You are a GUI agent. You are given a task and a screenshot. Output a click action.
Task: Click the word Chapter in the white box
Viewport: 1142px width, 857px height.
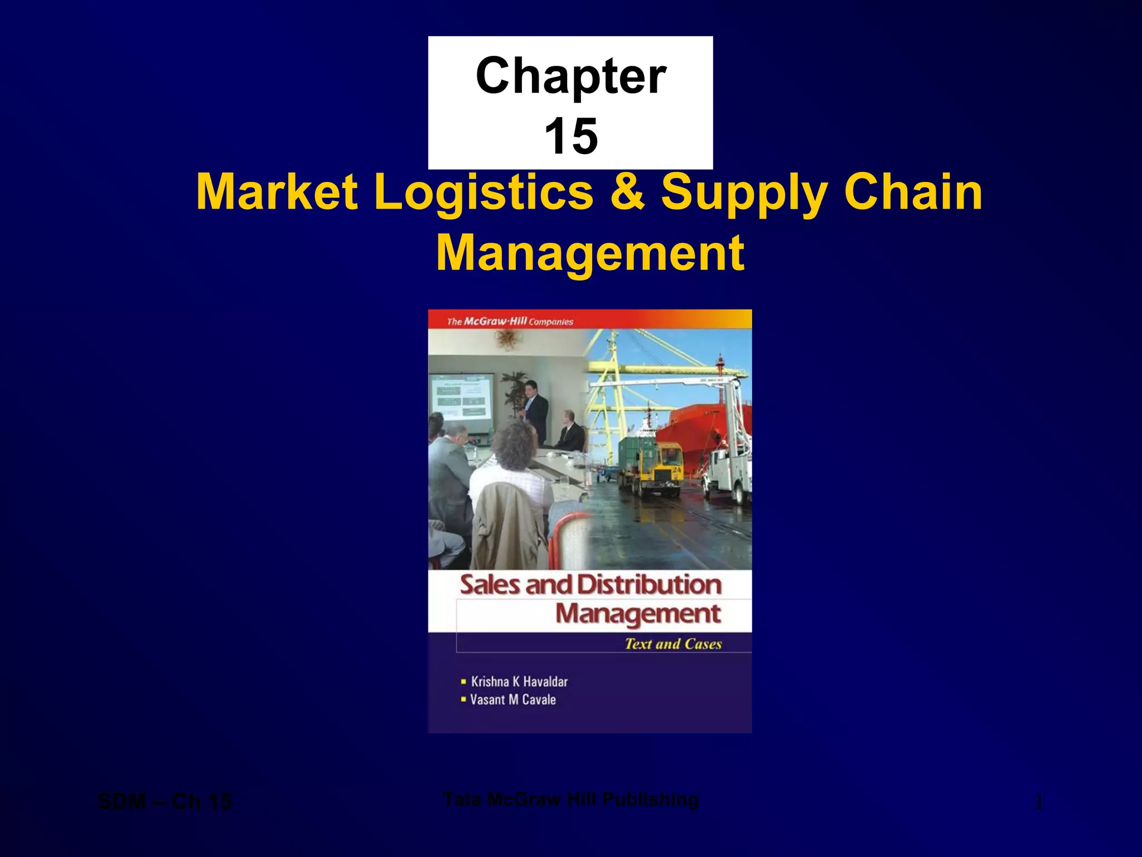[x=570, y=76]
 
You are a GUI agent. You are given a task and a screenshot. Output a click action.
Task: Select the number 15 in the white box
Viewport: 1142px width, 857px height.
[x=571, y=136]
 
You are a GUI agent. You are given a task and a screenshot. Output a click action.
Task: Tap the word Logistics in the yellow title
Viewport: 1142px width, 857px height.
[x=483, y=192]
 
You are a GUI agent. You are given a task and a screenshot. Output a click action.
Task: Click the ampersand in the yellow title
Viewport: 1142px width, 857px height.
[x=627, y=192]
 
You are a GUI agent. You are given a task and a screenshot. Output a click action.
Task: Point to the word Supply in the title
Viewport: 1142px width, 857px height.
[x=744, y=193]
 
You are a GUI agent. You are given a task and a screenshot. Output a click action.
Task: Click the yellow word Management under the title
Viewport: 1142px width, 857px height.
[x=589, y=253]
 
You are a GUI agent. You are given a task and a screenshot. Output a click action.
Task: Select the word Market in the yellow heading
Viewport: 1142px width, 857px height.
[x=277, y=192]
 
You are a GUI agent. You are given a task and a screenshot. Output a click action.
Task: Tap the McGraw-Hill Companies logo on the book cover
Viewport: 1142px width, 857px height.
[x=510, y=321]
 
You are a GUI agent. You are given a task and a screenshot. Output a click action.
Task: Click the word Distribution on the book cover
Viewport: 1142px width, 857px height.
[x=649, y=585]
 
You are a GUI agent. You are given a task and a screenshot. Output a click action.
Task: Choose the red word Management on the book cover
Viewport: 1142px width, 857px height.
[x=638, y=614]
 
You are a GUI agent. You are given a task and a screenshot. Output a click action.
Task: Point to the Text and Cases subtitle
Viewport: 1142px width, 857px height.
[x=673, y=644]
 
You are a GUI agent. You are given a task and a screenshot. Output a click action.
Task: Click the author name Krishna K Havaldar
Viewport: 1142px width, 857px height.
[x=519, y=681]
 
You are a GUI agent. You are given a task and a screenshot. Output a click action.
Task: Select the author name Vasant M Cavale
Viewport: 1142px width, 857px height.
[x=513, y=700]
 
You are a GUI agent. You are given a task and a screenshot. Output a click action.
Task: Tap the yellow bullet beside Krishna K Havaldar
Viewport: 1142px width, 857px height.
[x=463, y=681]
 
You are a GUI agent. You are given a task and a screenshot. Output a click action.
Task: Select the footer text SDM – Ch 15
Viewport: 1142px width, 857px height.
[x=164, y=802]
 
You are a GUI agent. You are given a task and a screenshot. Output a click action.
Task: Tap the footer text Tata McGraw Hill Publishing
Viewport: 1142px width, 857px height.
[x=570, y=800]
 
